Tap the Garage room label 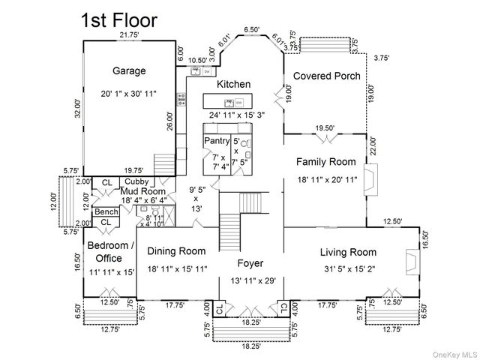click(129, 71)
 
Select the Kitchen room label click(233, 84)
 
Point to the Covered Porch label click(326, 76)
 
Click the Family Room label click(325, 161)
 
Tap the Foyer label click(250, 263)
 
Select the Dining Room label click(175, 251)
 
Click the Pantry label click(217, 140)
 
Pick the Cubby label click(136, 181)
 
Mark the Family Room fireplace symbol click(370, 181)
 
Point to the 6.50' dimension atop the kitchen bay click(252, 29)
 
